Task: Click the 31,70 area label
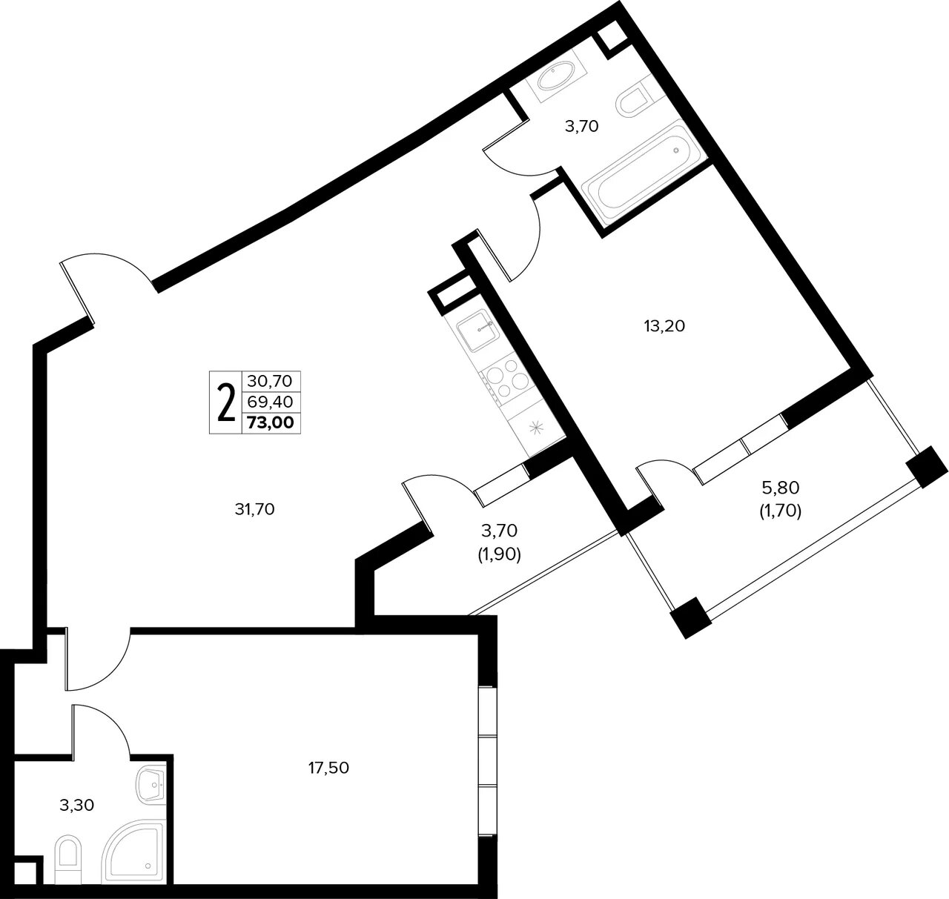coord(254,509)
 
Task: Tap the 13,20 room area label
coord(664,326)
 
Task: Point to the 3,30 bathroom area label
coord(77,805)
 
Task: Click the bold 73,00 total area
coord(271,422)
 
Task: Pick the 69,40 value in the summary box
coord(271,402)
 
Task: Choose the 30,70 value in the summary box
coord(270,381)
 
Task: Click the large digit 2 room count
coord(226,402)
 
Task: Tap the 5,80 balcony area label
coord(781,488)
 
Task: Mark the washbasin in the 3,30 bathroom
coord(152,786)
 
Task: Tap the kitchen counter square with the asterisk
coord(537,427)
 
